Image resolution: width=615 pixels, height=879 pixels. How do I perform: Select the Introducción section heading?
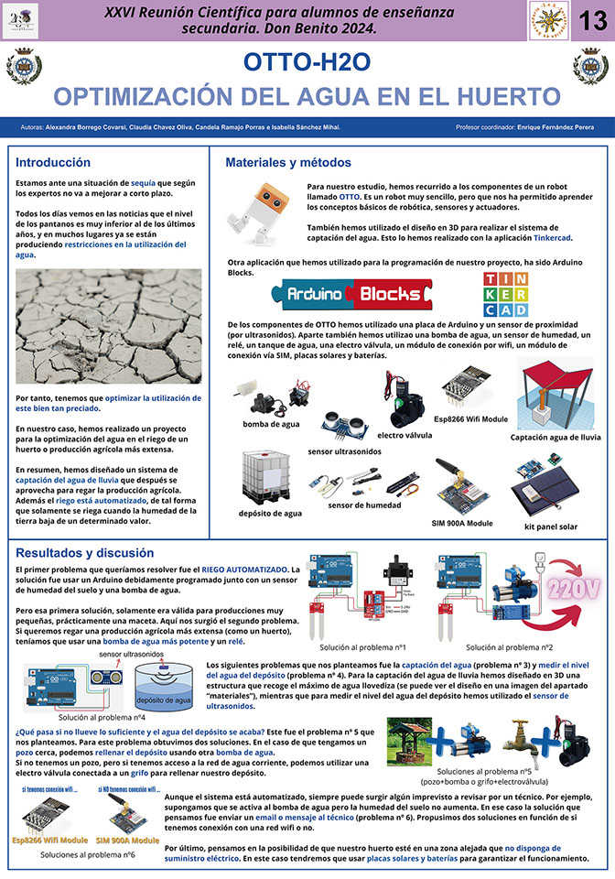53,162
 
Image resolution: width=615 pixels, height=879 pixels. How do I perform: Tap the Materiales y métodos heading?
288,162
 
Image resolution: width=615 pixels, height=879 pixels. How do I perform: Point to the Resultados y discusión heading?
81,553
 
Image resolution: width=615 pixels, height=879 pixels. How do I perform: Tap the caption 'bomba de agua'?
272,424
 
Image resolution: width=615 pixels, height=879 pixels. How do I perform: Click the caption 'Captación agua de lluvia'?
556,437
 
